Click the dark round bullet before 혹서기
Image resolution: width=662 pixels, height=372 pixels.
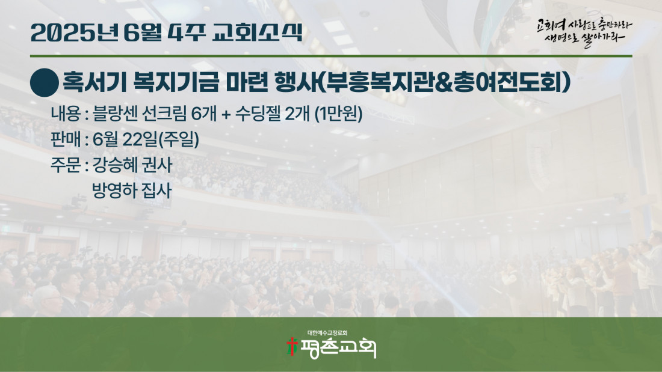pyautogui.click(x=45, y=83)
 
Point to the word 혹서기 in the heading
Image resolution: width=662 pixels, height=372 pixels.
pyautogui.click(x=94, y=82)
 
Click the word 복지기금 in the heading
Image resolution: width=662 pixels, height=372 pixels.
pyautogui.click(x=176, y=82)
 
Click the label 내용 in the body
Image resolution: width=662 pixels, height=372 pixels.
pyautogui.click(x=66, y=114)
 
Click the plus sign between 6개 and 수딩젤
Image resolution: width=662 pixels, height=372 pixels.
pyautogui.click(x=226, y=114)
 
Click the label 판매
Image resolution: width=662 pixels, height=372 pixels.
pyautogui.click(x=66, y=139)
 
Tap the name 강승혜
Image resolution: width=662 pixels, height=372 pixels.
pyautogui.click(x=114, y=165)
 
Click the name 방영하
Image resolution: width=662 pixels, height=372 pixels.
pyautogui.click(x=114, y=191)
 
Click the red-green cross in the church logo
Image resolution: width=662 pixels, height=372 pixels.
pyautogui.click(x=291, y=347)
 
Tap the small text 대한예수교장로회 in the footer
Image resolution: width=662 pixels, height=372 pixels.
pyautogui.click(x=327, y=333)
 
